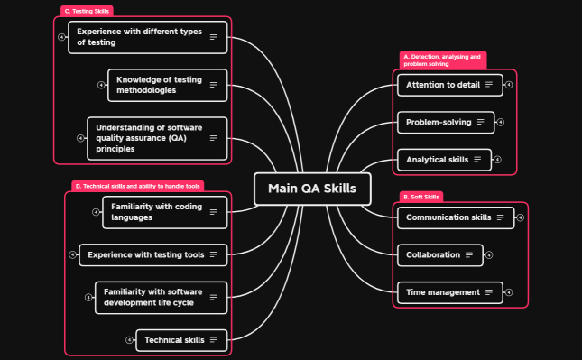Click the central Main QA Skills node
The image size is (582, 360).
pyautogui.click(x=312, y=189)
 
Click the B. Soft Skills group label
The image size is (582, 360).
pyautogui.click(x=421, y=197)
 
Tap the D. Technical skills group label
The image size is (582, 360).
pyautogui.click(x=138, y=186)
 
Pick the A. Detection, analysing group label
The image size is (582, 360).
pyautogui.click(x=442, y=60)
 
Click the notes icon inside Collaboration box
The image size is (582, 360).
pyautogui.click(x=469, y=255)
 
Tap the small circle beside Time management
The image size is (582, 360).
pyautogui.click(x=509, y=292)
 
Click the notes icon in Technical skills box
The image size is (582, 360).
pyautogui.click(x=214, y=340)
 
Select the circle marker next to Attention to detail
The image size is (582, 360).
pyautogui.click(x=509, y=85)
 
